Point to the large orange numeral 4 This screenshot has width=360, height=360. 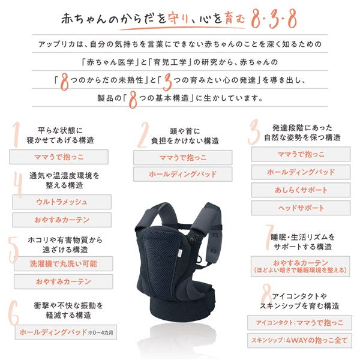pyautogui.click(x=18, y=185)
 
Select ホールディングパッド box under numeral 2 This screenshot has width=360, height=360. pyautogui.click(x=182, y=175)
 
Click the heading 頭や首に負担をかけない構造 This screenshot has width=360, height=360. pyautogui.click(x=186, y=135)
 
